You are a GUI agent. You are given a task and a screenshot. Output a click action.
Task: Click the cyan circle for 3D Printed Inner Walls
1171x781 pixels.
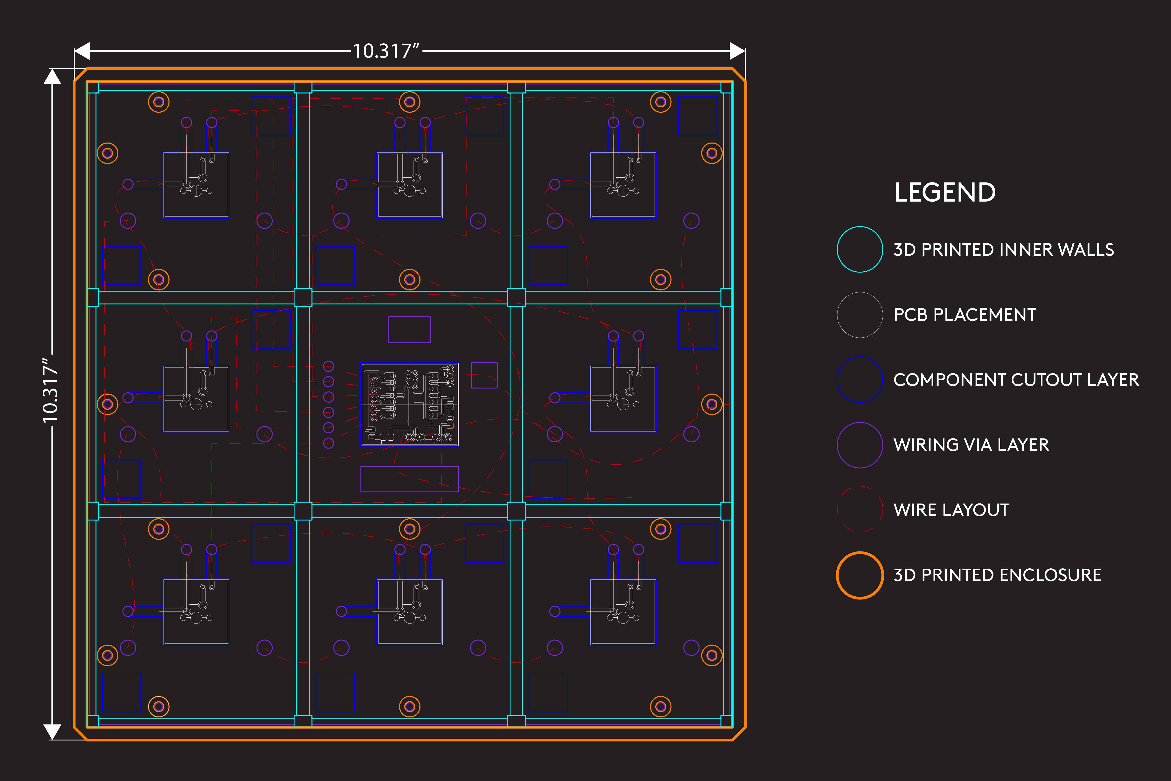coord(837,249)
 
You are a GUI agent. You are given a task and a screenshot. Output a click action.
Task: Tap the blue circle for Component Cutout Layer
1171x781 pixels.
coord(837,379)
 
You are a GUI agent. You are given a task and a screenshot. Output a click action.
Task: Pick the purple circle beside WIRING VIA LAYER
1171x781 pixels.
coord(837,445)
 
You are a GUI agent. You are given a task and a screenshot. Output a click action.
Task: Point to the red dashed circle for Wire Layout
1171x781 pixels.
coord(837,510)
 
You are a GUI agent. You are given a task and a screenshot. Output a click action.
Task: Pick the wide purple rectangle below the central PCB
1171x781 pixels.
coord(409,479)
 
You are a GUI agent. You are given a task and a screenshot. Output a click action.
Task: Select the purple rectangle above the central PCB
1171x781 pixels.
coord(409,329)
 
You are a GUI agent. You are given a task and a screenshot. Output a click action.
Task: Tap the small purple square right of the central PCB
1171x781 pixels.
coord(484,375)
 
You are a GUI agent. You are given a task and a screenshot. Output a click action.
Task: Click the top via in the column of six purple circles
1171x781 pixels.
coord(329,366)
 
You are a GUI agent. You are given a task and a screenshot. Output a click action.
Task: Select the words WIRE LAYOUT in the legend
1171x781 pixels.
coord(951,510)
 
